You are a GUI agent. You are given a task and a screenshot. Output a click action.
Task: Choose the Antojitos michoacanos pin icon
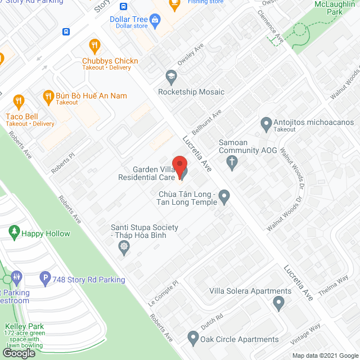point(266,123)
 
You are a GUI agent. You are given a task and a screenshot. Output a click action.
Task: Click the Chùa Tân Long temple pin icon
point(224,197)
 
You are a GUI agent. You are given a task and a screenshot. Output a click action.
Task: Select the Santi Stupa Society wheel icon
point(124,246)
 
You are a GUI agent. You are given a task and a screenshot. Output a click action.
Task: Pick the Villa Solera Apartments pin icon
point(278,304)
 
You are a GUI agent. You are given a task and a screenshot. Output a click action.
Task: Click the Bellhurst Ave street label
point(206,119)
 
